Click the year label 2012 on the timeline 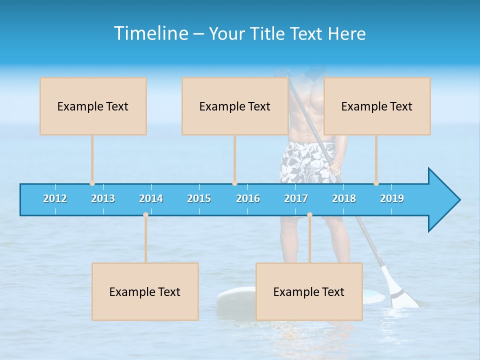[55, 198]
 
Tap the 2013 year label [103, 198]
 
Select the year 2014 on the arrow [151, 198]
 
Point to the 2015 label [199, 198]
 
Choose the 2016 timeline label [248, 198]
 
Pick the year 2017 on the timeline [296, 198]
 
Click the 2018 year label [344, 198]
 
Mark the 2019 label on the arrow [392, 198]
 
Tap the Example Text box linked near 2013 [93, 106]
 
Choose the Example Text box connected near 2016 [235, 106]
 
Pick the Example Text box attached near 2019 [377, 106]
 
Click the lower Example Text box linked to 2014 [145, 291]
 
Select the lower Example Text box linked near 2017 [309, 291]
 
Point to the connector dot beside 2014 [145, 214]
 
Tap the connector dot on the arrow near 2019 [376, 183]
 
